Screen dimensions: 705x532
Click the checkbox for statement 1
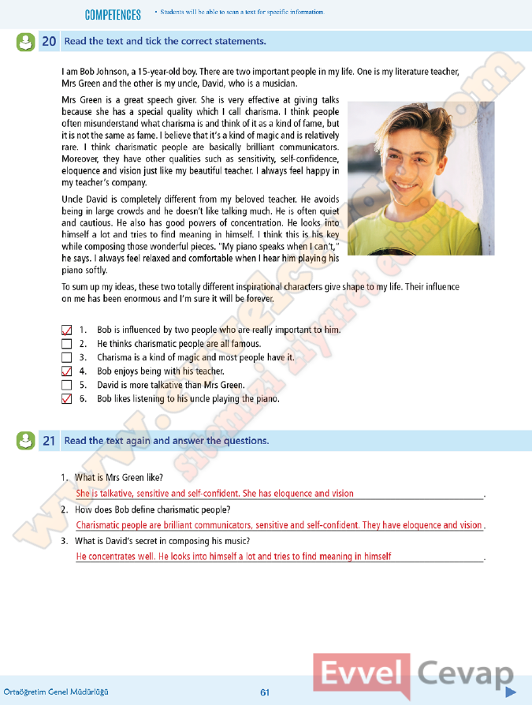(66, 330)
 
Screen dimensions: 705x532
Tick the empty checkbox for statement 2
(66, 344)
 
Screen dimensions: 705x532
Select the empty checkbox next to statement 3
(66, 357)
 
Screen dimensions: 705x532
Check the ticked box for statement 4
(66, 371)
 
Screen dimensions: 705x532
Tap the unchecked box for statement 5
(66, 385)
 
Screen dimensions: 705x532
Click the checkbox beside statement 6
(66, 399)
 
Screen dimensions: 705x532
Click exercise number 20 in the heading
(48, 42)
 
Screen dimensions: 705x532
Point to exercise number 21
(48, 442)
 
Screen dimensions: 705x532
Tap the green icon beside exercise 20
(25, 42)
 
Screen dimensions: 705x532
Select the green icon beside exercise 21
(25, 441)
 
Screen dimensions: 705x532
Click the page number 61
(265, 692)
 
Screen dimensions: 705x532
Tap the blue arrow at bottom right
(510, 692)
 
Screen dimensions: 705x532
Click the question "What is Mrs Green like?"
(118, 478)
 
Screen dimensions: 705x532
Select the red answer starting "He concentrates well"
(233, 557)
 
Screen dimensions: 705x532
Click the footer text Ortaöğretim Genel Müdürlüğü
(56, 692)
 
